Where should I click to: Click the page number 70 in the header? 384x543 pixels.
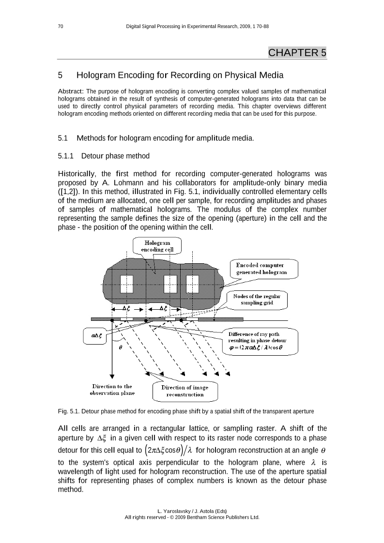click(61, 26)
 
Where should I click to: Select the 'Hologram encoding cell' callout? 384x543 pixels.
click(154, 245)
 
